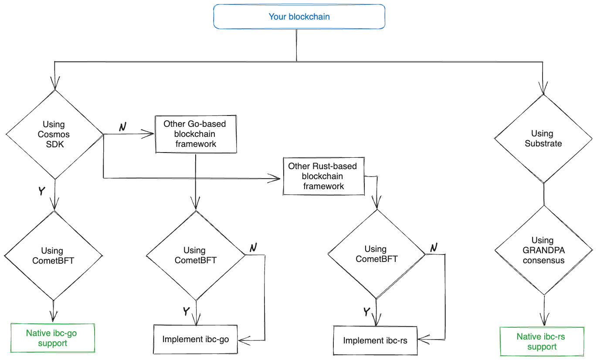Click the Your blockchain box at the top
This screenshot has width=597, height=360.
pos(299,17)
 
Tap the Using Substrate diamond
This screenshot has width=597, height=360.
pos(543,139)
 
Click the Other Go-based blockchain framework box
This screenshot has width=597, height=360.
pos(195,134)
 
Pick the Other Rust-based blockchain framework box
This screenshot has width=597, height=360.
pos(323,176)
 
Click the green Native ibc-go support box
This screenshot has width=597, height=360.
pos(53,338)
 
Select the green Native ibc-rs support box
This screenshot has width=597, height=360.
pos(542,342)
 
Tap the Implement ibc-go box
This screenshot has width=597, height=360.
pos(195,339)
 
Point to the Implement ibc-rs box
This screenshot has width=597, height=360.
pos(375,340)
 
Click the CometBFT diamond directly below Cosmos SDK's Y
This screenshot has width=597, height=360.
pos(53,255)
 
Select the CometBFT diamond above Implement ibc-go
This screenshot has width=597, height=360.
pos(195,255)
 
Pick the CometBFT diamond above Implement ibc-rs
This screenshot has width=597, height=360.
pos(376,254)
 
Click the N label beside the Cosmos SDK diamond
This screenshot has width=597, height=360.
pos(123,126)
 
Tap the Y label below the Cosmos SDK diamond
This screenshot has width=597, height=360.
pos(42,191)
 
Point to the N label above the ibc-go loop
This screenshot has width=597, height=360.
pos(253,248)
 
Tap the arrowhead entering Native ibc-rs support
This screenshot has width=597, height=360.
pos(543,321)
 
